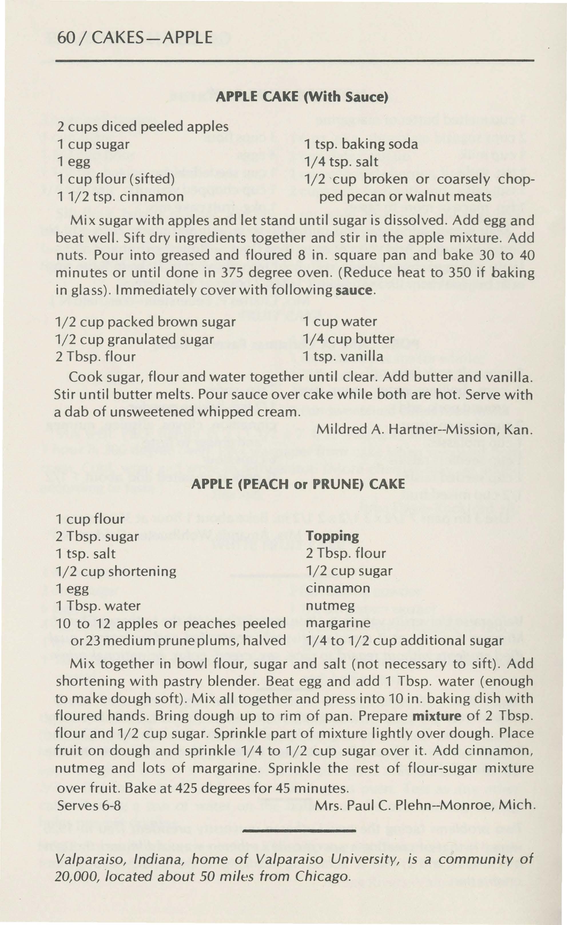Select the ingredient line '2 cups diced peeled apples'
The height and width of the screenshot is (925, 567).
point(143,126)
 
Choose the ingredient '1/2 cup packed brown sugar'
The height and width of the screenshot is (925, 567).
point(146,322)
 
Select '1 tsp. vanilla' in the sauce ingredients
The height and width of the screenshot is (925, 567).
point(343,356)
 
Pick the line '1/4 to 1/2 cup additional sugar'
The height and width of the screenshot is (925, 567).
point(405,640)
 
